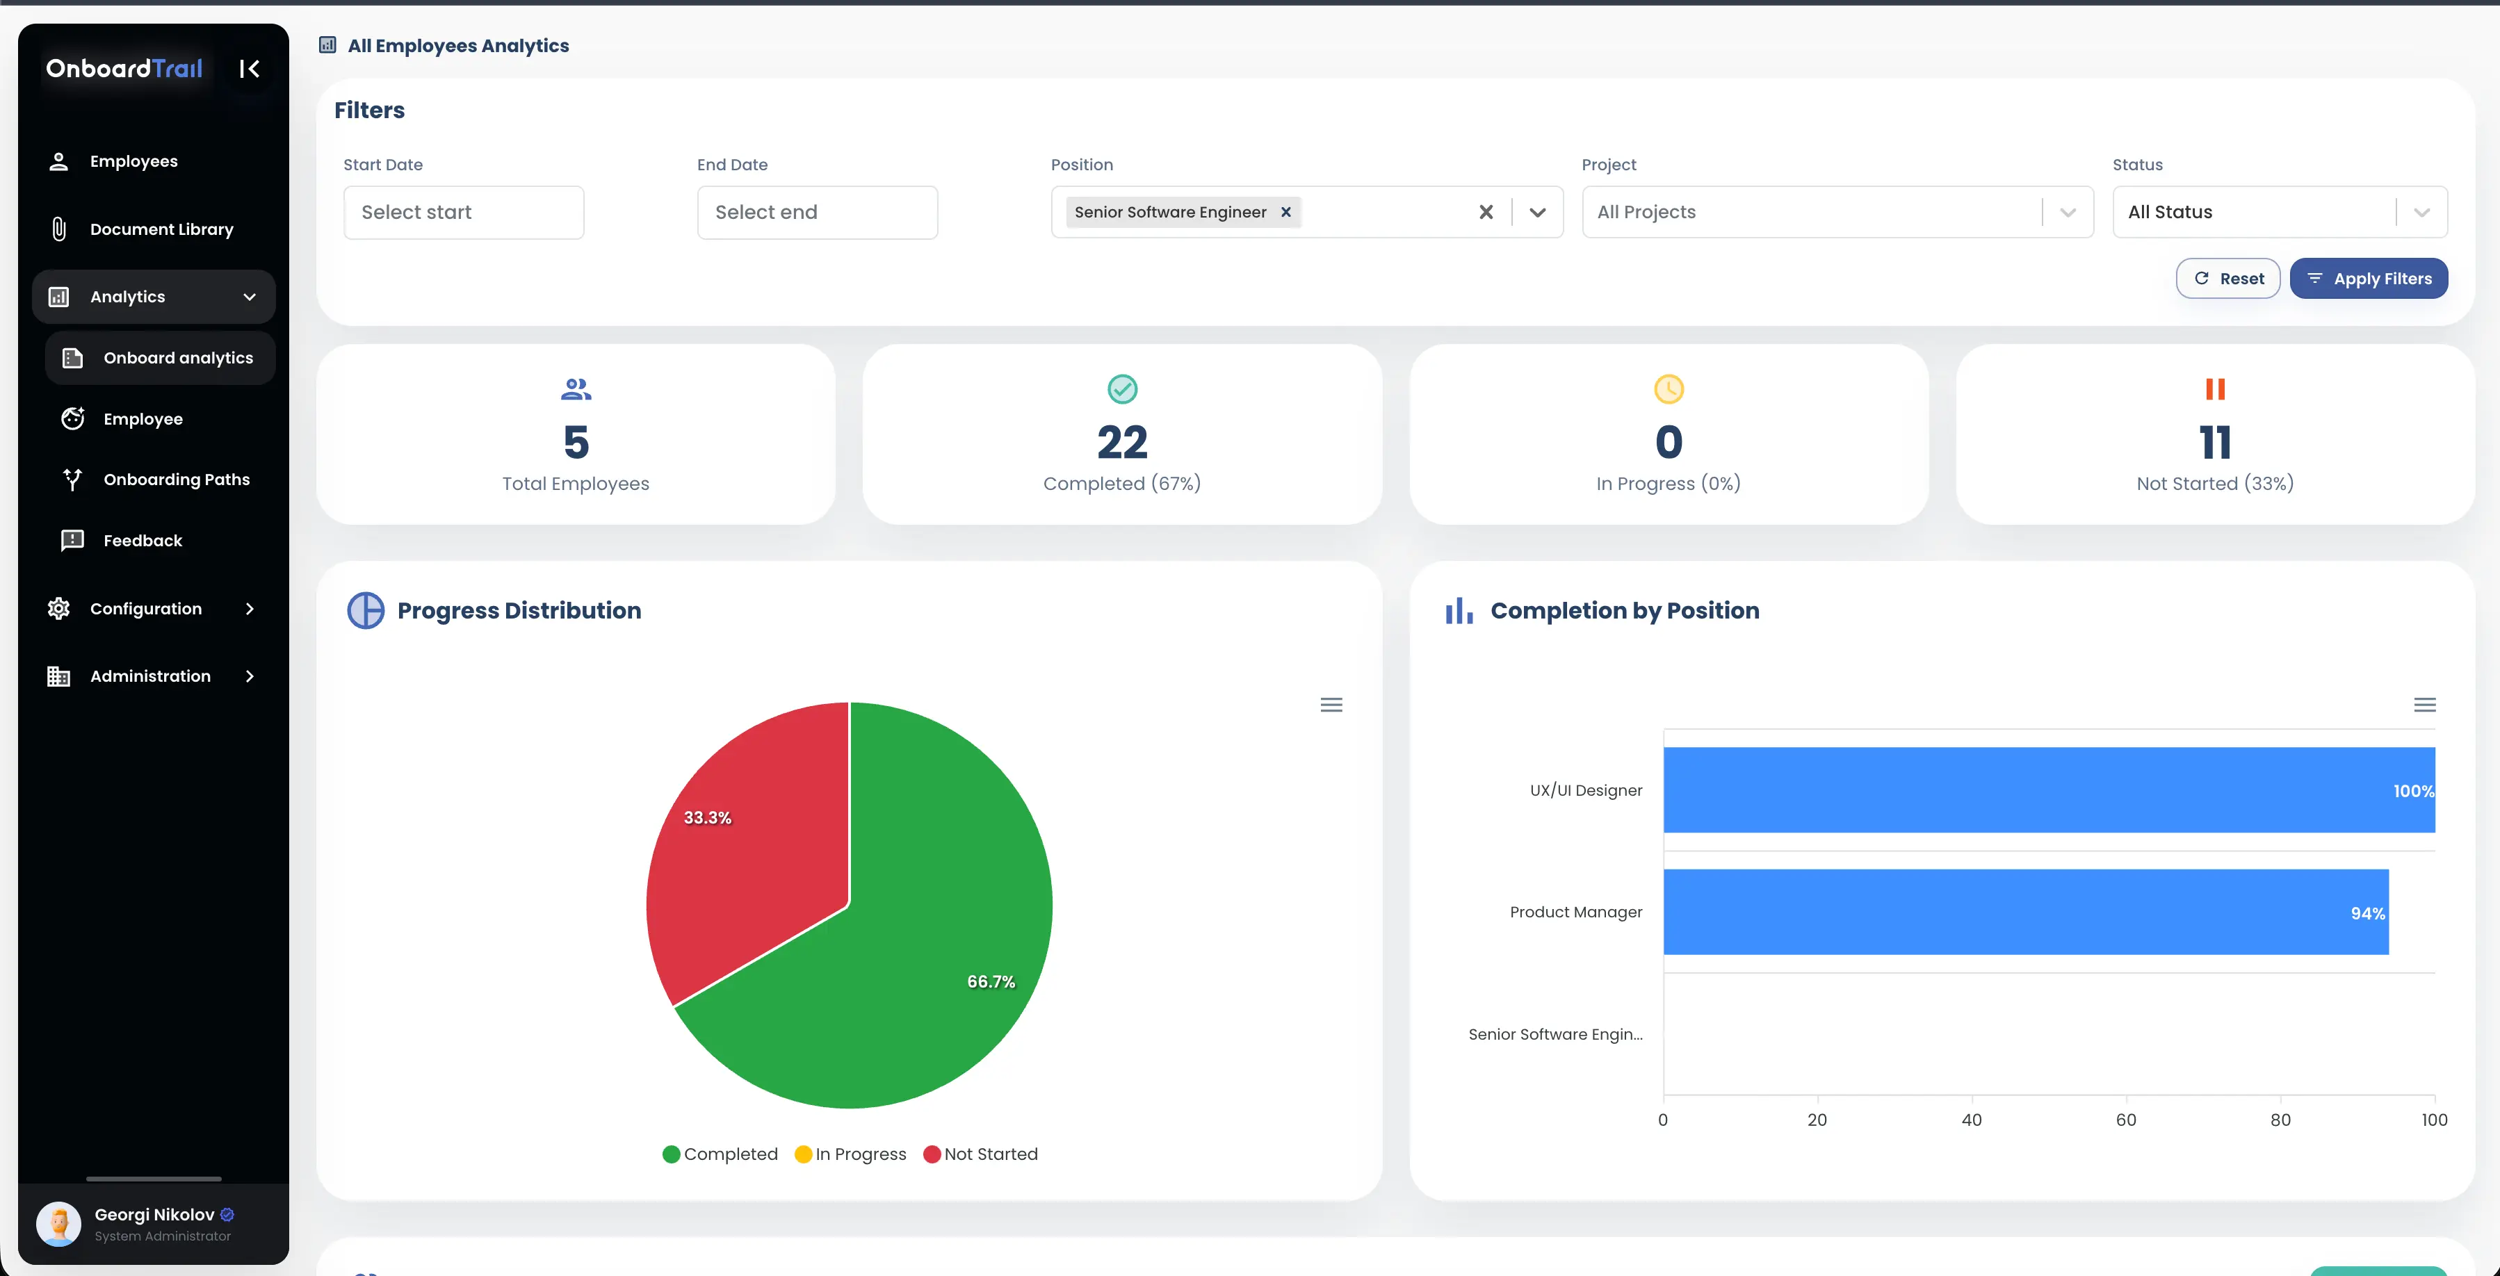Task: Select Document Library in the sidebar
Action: pos(161,229)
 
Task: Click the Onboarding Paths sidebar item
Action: pos(176,480)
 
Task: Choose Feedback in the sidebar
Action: pos(143,541)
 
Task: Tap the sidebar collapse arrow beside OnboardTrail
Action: pos(250,69)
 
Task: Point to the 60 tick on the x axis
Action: pos(2125,1120)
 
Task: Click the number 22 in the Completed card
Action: pos(1122,443)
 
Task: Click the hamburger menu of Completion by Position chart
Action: pos(2424,705)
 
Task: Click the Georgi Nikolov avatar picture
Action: pos(58,1224)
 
